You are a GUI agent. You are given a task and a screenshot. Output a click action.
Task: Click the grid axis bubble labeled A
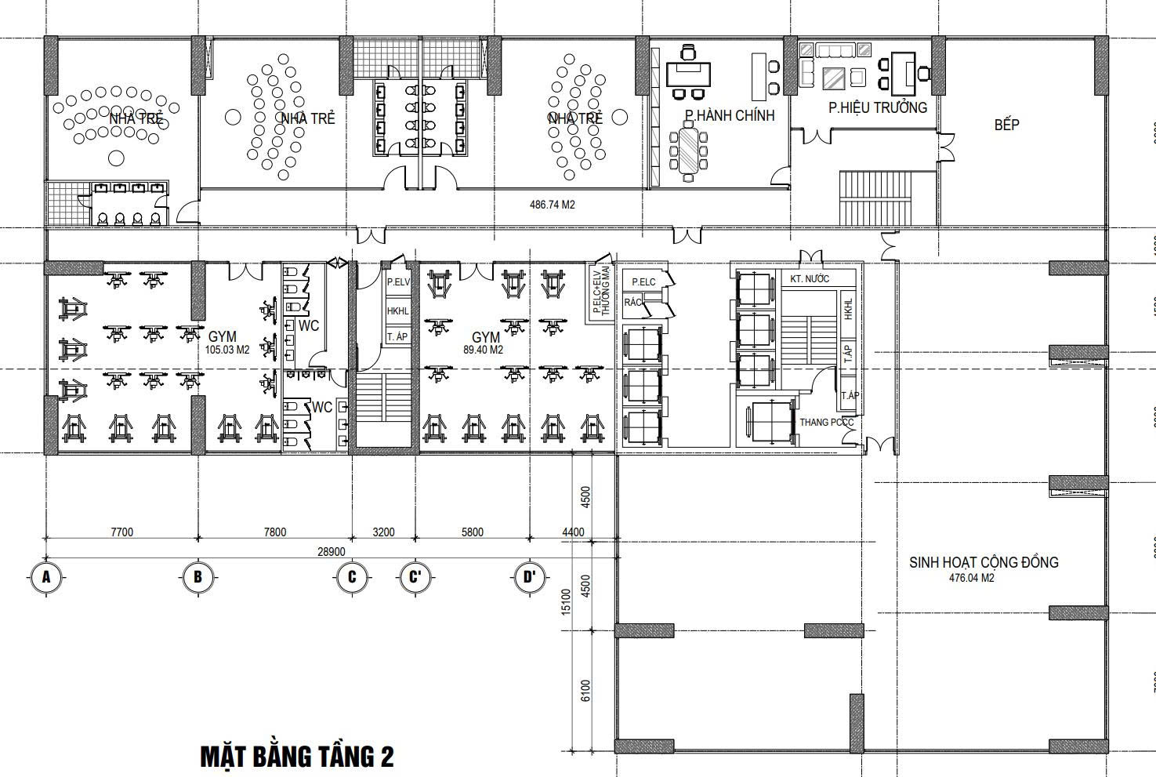[x=46, y=578]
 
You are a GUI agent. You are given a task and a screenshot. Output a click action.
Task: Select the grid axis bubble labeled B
[x=197, y=578]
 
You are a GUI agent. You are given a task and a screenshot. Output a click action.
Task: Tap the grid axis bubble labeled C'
[x=415, y=578]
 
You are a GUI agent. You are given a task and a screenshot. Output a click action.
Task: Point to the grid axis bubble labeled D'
[x=530, y=578]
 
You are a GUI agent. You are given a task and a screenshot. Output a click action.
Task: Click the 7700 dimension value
[x=121, y=532]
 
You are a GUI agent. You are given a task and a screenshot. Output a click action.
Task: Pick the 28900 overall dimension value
[x=331, y=551]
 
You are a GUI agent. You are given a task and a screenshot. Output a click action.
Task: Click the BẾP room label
[x=1006, y=125]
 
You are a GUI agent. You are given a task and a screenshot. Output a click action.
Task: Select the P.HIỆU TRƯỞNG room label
[x=878, y=108]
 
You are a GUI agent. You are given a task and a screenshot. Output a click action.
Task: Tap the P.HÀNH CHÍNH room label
[x=729, y=116]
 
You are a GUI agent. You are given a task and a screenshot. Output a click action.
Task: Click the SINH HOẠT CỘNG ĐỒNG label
[x=984, y=562]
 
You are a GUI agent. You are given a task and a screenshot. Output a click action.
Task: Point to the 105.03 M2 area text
[x=227, y=350]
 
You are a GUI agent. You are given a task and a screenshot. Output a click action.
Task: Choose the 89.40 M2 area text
[x=483, y=350]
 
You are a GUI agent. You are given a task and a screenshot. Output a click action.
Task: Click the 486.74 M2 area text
[x=553, y=205]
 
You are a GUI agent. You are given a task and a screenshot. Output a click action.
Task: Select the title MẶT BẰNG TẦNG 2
[x=297, y=757]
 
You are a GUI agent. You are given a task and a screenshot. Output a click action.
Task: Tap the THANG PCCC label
[x=826, y=423]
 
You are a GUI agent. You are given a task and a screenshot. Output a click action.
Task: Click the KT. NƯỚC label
[x=810, y=279]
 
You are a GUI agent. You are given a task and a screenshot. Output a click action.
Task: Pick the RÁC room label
[x=633, y=302]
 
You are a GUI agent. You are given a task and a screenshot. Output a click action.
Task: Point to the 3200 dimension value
[x=383, y=532]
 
